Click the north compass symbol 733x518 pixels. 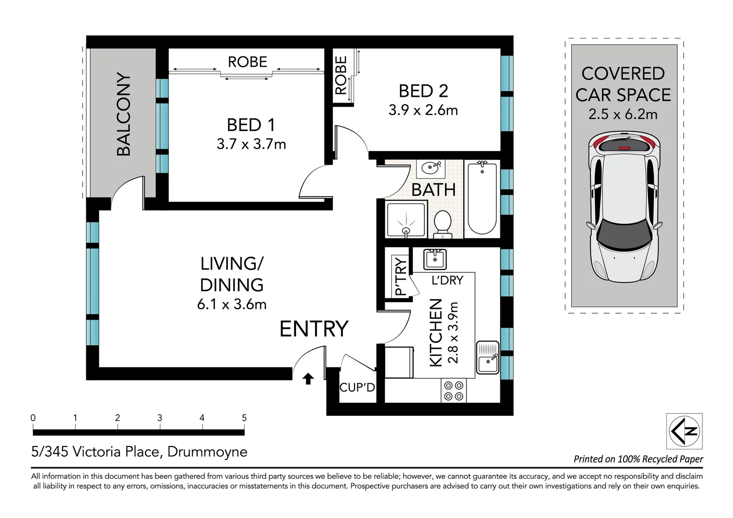tap(684, 431)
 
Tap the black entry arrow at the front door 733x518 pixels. tap(308, 378)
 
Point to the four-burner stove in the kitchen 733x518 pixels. tap(454, 391)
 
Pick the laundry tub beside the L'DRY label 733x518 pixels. tap(435, 259)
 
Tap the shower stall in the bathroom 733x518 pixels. tap(406, 220)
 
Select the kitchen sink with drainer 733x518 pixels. tap(487, 357)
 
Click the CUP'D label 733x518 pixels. tap(357, 388)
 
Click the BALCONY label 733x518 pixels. tap(124, 114)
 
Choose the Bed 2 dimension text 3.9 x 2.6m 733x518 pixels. tap(423, 110)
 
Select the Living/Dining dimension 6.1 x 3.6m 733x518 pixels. tap(232, 304)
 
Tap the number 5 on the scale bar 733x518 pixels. tap(244, 418)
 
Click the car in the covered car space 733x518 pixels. tap(624, 207)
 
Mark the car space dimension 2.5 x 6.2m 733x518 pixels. tap(623, 114)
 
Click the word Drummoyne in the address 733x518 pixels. tap(207, 452)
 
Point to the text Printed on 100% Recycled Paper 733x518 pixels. tap(638, 459)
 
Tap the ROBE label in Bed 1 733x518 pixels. tap(248, 62)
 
